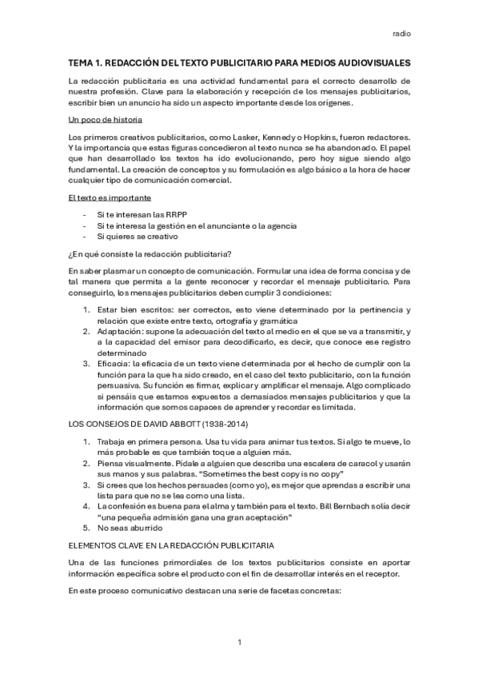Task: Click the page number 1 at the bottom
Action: pyautogui.click(x=239, y=642)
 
